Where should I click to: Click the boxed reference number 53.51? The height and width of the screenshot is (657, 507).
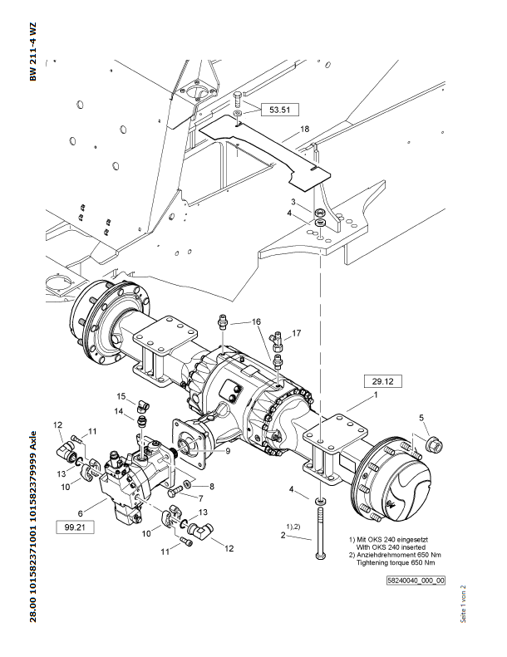click(x=280, y=110)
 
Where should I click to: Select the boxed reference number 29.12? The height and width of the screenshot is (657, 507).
click(x=382, y=381)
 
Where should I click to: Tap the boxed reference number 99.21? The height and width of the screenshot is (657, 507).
click(x=75, y=527)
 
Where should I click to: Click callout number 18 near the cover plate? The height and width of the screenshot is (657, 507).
click(x=305, y=129)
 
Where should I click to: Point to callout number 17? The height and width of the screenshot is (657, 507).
click(x=297, y=333)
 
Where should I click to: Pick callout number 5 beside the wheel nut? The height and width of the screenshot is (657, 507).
click(x=421, y=417)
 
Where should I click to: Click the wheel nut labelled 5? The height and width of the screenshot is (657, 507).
click(x=434, y=444)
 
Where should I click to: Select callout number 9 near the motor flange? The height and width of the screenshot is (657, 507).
click(x=228, y=451)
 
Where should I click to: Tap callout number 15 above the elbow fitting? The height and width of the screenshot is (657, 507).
click(x=121, y=396)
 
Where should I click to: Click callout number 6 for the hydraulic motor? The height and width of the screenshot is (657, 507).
click(x=80, y=513)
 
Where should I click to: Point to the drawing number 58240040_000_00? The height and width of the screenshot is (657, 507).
click(x=416, y=581)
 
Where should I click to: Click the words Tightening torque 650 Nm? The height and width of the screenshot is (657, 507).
click(x=396, y=562)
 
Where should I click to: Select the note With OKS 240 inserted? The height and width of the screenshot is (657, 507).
click(x=391, y=547)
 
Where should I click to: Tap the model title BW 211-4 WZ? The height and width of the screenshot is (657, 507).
click(x=33, y=51)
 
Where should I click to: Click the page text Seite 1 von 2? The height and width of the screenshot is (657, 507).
click(x=463, y=604)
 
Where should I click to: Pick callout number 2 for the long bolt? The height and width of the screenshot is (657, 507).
click(x=283, y=535)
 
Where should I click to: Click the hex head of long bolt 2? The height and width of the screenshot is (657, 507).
click(x=320, y=556)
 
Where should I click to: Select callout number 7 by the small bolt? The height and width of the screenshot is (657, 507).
click(x=201, y=498)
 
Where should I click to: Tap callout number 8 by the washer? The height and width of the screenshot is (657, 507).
click(x=212, y=487)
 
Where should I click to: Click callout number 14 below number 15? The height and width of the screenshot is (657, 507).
click(x=119, y=411)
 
